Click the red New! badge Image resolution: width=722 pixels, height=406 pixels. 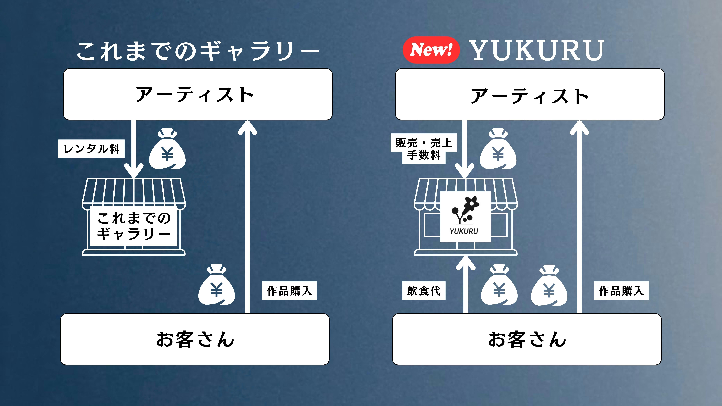[431, 50]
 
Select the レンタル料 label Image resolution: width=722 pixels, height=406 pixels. [91, 149]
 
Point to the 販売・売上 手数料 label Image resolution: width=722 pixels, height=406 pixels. [424, 149]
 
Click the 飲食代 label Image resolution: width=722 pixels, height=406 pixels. [424, 291]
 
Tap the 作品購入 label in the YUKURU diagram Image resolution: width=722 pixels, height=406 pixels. [621, 291]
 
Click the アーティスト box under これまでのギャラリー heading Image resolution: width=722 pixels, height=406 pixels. [198, 94]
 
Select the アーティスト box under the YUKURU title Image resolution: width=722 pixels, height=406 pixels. [530, 94]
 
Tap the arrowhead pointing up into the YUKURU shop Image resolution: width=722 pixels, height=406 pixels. [466, 263]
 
